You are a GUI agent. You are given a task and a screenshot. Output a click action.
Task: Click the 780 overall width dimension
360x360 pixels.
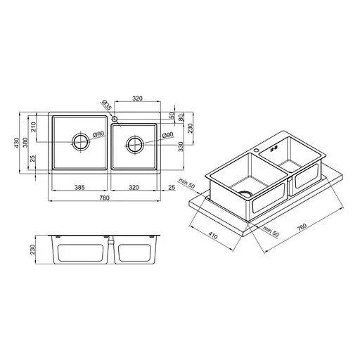(x=104, y=198)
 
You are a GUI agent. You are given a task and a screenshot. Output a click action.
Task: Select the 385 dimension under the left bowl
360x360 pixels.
(x=79, y=187)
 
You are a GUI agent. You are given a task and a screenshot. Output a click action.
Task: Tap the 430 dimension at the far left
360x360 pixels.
(x=16, y=143)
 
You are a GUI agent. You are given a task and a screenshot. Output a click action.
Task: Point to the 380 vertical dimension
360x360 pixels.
(x=25, y=142)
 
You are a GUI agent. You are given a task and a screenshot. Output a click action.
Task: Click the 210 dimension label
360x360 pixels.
(x=33, y=127)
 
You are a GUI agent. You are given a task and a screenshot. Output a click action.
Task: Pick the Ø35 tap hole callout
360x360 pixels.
(x=107, y=105)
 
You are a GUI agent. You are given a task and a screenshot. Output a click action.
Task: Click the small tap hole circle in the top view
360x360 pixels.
(x=115, y=119)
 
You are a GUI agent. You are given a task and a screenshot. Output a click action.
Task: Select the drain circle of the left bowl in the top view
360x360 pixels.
(x=81, y=142)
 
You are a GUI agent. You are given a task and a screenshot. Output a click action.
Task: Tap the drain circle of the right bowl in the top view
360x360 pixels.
(x=135, y=145)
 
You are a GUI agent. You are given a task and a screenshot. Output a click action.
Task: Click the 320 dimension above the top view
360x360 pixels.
(x=137, y=98)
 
